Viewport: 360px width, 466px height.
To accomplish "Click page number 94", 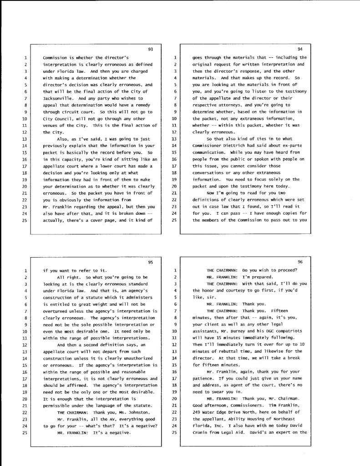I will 300,49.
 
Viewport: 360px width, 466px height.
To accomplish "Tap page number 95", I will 151,262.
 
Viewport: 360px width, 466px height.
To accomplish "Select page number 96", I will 300,262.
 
